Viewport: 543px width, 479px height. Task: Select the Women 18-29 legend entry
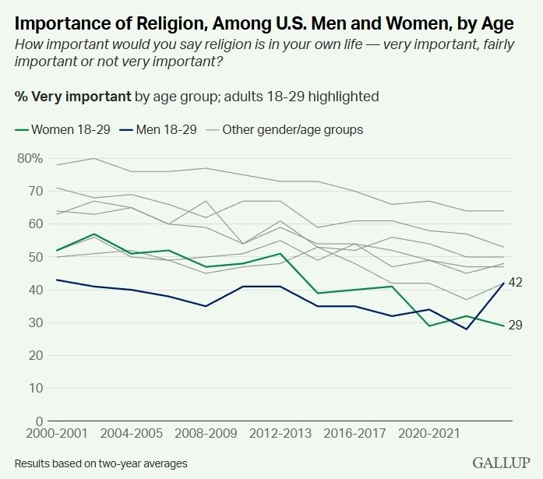click(60, 129)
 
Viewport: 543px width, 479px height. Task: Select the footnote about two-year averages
click(100, 463)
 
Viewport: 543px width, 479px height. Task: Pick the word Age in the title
click(496, 18)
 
